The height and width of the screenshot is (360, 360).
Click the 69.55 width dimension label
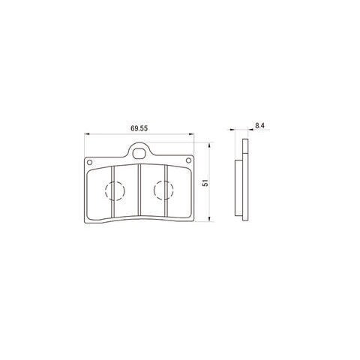pyautogui.click(x=139, y=128)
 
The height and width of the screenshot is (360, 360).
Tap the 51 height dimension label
pyautogui.click(x=205, y=183)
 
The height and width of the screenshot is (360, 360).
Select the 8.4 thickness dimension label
pyautogui.click(x=259, y=125)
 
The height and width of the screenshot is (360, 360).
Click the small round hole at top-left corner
pyautogui.click(x=89, y=162)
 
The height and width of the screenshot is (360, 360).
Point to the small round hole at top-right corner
pyautogui.click(x=188, y=160)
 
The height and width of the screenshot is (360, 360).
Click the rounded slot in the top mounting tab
pyautogui.click(x=139, y=154)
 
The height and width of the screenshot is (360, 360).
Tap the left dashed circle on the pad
pyautogui.click(x=115, y=190)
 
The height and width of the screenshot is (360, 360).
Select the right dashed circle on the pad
pyautogui.click(x=163, y=190)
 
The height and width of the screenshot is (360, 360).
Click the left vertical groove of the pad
pyautogui.click(x=112, y=192)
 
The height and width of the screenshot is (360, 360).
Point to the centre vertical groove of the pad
pyautogui.click(x=139, y=190)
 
